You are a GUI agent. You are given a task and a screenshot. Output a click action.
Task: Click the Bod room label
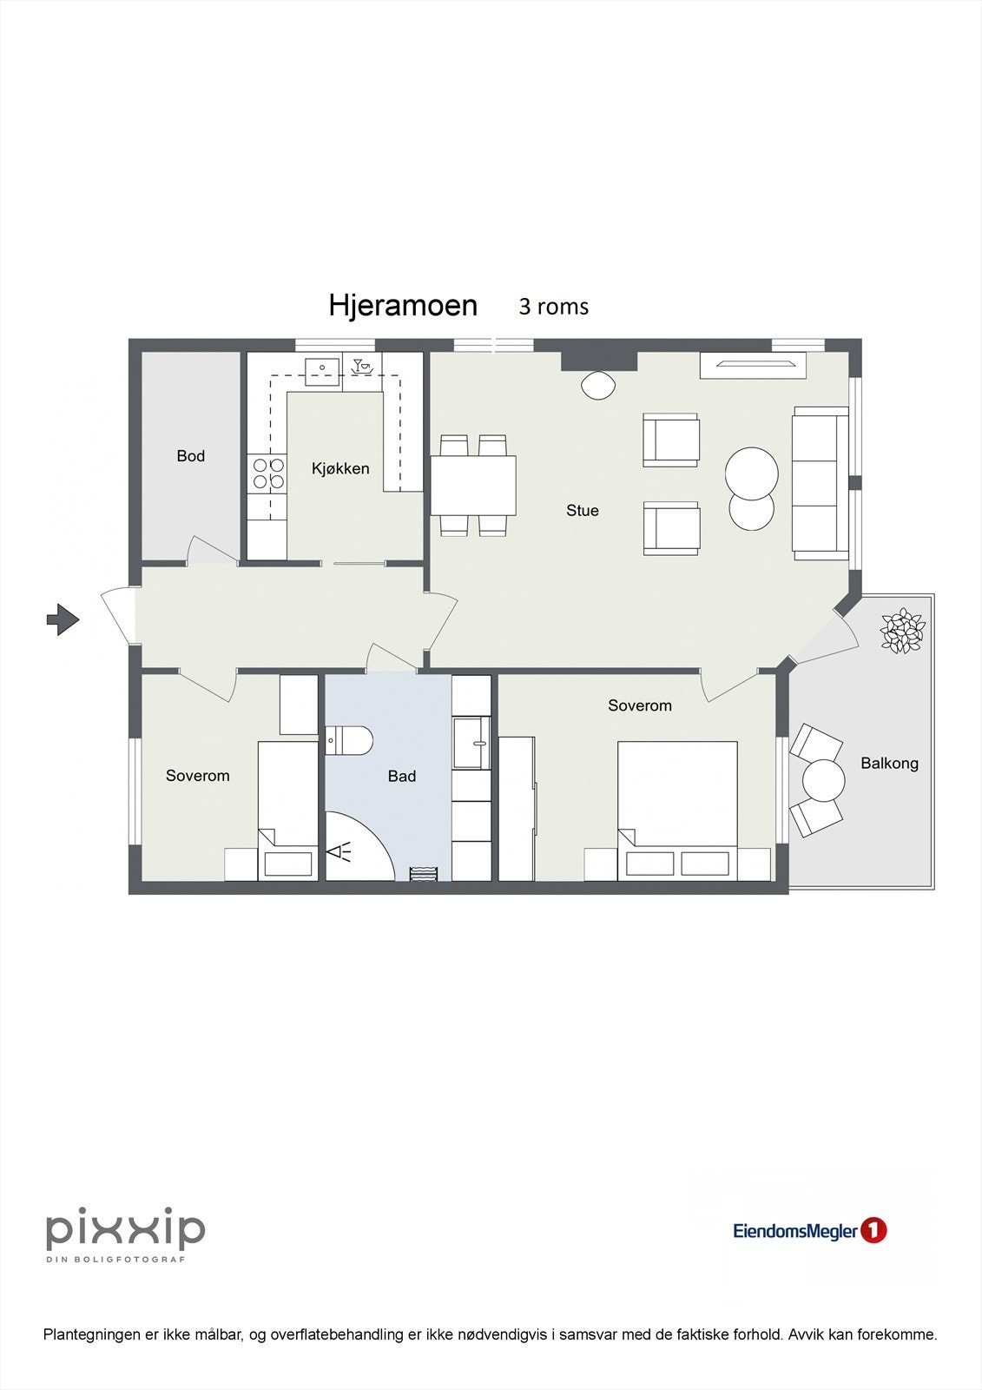pyautogui.click(x=190, y=456)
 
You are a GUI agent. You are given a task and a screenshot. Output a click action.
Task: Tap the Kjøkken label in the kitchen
pyautogui.click(x=340, y=468)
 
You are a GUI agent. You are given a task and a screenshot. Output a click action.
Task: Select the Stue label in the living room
pyautogui.click(x=582, y=511)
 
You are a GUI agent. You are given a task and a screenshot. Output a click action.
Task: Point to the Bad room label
pyautogui.click(x=401, y=777)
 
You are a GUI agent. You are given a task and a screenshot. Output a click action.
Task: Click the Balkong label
pyautogui.click(x=889, y=764)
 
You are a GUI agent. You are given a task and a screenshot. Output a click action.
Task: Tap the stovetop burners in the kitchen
pyautogui.click(x=267, y=473)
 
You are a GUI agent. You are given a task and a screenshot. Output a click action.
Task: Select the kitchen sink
pyautogui.click(x=321, y=369)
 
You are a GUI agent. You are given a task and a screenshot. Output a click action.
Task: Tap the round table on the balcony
pyautogui.click(x=823, y=780)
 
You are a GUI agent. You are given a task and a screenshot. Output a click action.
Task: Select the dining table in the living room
pyautogui.click(x=473, y=485)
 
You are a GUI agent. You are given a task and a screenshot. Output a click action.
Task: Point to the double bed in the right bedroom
pyautogui.click(x=677, y=808)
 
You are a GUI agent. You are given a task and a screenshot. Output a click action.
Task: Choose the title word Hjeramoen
pyautogui.click(x=403, y=306)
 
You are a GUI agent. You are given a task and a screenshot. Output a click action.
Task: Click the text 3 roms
pyautogui.click(x=553, y=307)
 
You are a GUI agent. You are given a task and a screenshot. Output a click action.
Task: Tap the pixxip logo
pyautogui.click(x=125, y=1230)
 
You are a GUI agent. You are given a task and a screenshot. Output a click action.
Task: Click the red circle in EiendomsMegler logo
pyautogui.click(x=873, y=1230)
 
